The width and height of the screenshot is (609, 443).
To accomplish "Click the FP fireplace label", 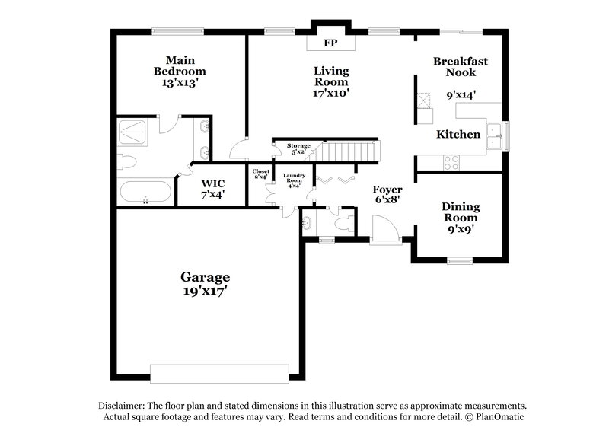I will [x=330, y=43].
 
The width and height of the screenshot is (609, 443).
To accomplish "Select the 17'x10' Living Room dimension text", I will [x=331, y=94].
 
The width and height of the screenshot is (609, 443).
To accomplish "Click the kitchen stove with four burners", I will [x=451, y=162].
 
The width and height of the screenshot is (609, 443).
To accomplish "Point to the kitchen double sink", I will [x=496, y=135].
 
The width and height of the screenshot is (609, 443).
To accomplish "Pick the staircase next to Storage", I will [x=347, y=151].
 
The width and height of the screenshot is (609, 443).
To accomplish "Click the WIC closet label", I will [x=212, y=188].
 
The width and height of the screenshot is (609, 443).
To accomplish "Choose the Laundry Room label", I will [x=295, y=180].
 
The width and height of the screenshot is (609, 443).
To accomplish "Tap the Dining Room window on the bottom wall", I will [x=460, y=260].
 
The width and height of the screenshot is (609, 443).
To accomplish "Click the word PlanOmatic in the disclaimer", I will [x=499, y=418].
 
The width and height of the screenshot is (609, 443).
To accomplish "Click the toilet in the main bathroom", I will [x=126, y=161].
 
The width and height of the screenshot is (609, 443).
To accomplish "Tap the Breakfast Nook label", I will [x=460, y=66].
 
